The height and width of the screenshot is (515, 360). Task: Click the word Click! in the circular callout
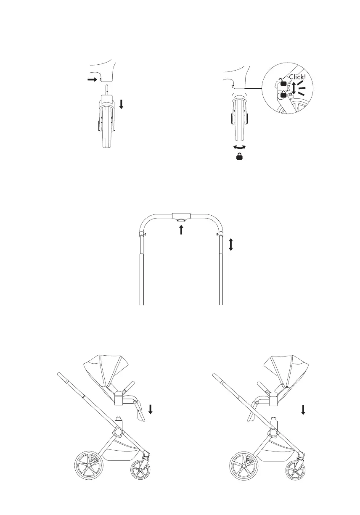[297, 77]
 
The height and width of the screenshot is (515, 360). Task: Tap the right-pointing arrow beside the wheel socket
[92, 79]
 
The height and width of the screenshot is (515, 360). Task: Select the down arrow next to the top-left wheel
[122, 105]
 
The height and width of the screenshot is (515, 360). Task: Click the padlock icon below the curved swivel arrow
[239, 156]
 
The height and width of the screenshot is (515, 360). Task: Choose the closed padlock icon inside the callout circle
[283, 94]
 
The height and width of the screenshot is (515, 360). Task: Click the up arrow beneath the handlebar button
[181, 230]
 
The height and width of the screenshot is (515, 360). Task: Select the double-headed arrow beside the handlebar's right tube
[231, 244]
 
